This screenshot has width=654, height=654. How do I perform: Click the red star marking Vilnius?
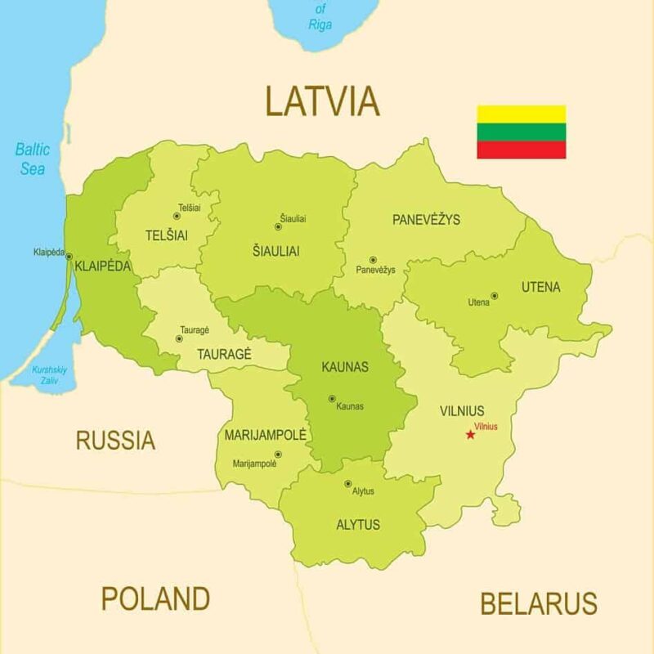click(470, 434)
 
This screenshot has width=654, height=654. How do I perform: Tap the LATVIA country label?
click(322, 101)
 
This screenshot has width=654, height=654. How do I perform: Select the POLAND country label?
click(155, 598)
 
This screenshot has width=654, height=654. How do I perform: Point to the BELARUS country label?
click(538, 604)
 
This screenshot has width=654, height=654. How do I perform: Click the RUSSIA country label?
click(115, 441)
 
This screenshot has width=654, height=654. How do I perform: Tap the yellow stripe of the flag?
click(522, 114)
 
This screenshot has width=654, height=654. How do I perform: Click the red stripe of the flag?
click(522, 150)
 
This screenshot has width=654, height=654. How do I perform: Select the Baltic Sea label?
click(33, 159)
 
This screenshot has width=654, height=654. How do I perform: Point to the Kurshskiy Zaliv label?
click(50, 374)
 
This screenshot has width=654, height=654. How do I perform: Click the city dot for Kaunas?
click(332, 399)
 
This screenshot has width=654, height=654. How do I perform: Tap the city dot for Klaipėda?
click(69, 256)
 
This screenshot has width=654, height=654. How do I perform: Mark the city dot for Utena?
click(494, 296)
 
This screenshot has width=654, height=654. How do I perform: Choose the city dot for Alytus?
click(347, 484)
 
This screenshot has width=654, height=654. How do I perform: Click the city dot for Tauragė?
click(179, 338)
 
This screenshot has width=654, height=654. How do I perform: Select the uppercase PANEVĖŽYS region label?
click(426, 219)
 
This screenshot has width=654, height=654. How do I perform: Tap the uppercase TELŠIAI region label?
click(166, 235)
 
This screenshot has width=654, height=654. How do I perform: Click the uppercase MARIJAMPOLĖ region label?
click(265, 435)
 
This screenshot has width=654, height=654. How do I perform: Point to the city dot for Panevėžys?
click(373, 260)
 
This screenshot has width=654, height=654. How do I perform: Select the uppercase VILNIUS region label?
click(462, 411)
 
